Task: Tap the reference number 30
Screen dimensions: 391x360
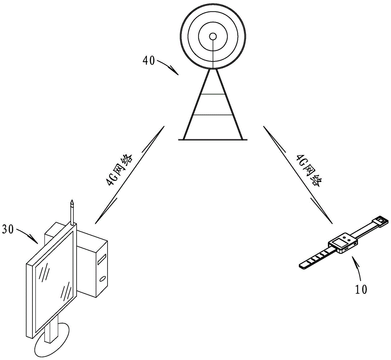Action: tap(7, 229)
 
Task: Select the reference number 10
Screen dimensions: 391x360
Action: tap(361, 289)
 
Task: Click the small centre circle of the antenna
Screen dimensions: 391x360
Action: tap(213, 36)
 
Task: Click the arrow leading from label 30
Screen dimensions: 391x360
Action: tap(27, 234)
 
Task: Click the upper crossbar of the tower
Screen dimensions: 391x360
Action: tap(213, 94)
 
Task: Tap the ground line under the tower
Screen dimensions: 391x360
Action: tap(213, 140)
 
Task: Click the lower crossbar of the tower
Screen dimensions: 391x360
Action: tap(213, 115)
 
